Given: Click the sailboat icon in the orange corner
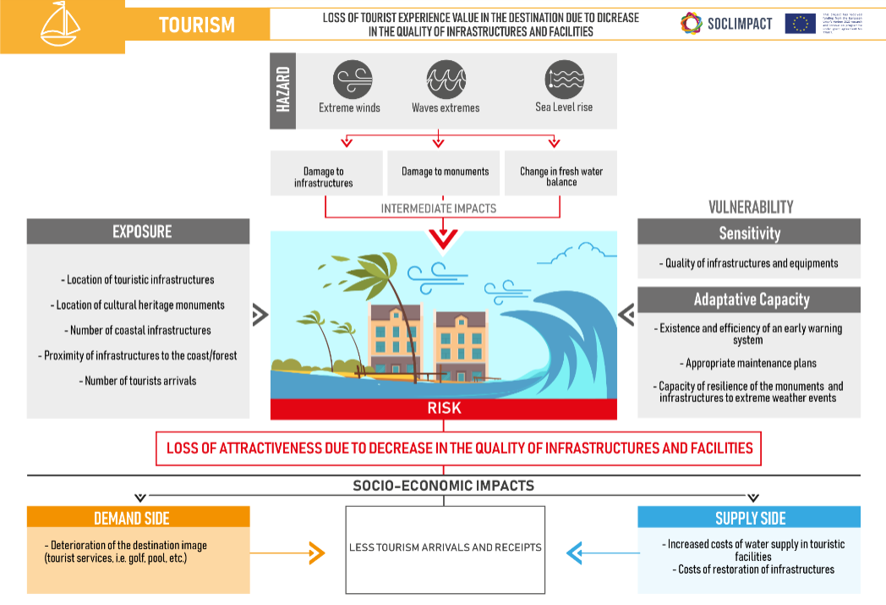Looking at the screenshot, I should [60, 24].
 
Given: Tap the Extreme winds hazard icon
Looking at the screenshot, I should [349, 80].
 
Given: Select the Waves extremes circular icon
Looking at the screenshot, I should [445, 80].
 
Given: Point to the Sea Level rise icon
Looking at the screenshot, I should [564, 80].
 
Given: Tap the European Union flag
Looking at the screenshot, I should [800, 24].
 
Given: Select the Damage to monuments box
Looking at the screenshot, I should [445, 172].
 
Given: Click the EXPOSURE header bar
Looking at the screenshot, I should [139, 232].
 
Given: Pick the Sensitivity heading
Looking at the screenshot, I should [749, 233].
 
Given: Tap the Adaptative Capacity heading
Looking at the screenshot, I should [749, 300].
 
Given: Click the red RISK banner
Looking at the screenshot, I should [444, 409].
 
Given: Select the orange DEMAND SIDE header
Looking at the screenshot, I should [139, 517].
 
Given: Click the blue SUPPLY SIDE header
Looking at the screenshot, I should [749, 517].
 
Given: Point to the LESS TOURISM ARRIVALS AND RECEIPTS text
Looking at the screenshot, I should [445, 547].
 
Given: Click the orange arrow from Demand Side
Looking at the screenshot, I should [315, 553].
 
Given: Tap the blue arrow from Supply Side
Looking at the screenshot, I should [575, 553].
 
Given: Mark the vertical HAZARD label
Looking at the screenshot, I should [283, 91].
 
